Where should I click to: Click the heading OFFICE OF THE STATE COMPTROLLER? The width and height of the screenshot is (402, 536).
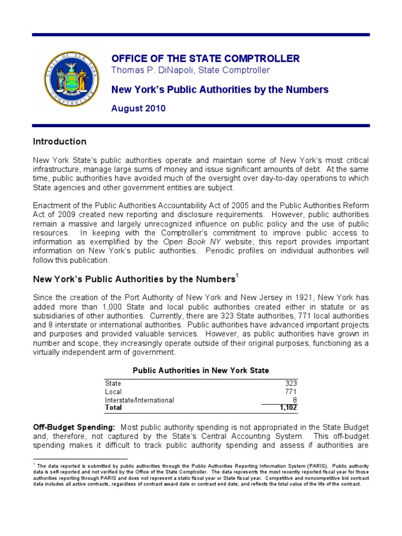click(206, 58)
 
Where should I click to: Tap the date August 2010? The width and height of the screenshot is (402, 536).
click(139, 109)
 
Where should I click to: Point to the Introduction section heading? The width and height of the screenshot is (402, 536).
click(60, 142)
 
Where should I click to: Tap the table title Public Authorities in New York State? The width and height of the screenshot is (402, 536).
click(201, 371)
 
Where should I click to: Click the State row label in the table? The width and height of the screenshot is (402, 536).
click(113, 383)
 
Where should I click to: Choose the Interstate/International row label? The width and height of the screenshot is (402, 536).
click(139, 400)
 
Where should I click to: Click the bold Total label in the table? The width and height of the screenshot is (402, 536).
click(114, 407)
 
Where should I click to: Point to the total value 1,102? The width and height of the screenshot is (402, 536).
click(287, 407)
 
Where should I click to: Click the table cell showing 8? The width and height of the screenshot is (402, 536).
click(294, 400)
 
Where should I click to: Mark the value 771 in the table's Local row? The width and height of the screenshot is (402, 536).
click(291, 392)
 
